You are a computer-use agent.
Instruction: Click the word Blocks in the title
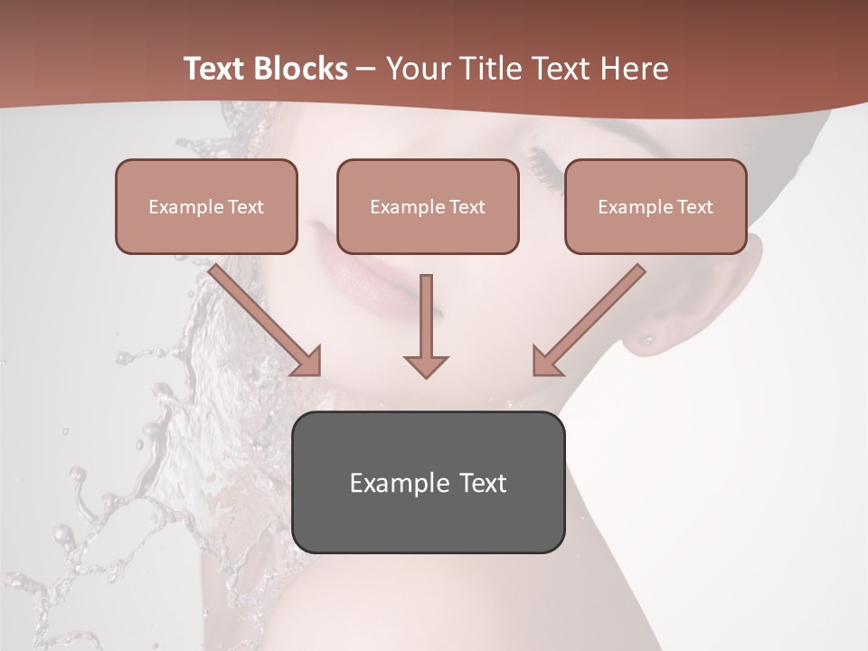point(301,69)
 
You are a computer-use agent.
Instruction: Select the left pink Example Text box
point(206,206)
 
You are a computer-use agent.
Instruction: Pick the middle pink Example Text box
point(428,206)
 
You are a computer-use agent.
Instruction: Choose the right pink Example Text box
point(656,206)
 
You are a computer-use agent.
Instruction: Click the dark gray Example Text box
point(428,482)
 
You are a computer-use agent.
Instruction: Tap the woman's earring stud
point(647,341)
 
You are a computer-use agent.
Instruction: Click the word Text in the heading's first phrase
point(215,69)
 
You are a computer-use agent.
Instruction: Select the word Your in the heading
point(419,69)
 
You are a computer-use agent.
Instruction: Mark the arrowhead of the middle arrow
point(426,365)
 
